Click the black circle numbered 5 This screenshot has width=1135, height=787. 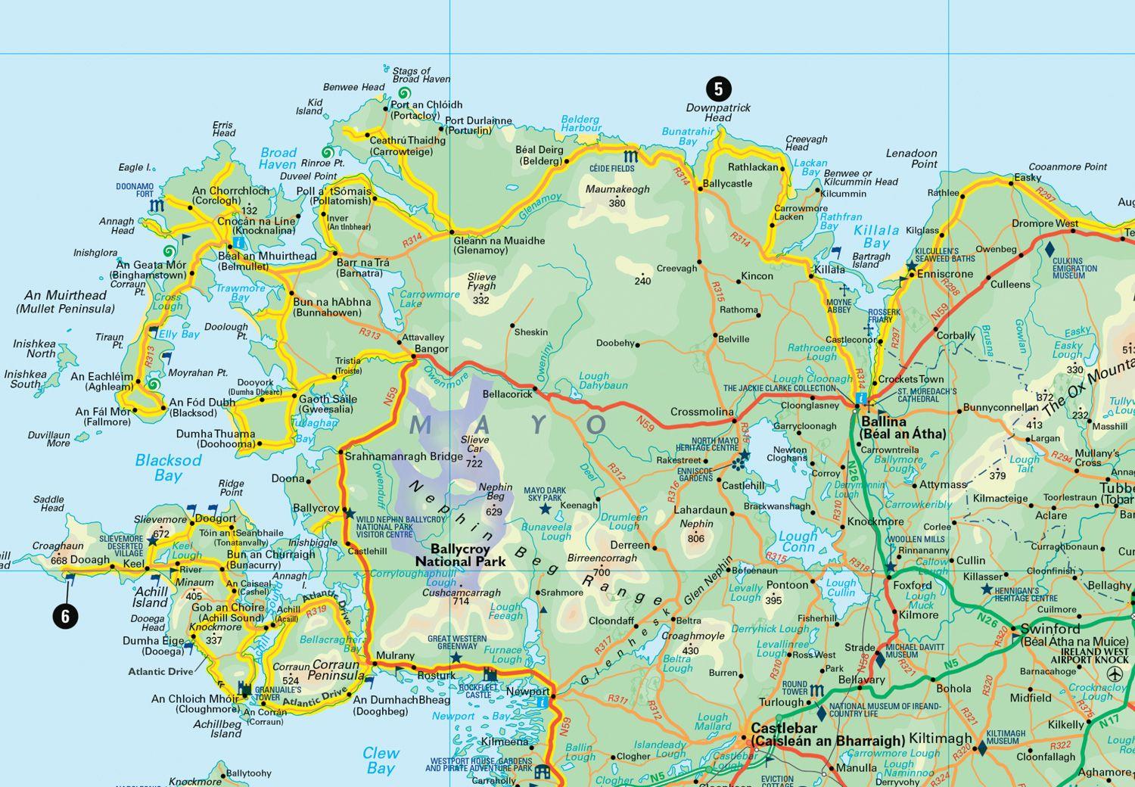click(x=718, y=89)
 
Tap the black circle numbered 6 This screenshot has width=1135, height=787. click(x=65, y=617)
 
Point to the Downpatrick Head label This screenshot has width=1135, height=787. click(x=718, y=113)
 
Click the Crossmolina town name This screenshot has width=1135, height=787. click(x=701, y=412)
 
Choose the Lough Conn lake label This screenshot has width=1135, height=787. click(x=798, y=542)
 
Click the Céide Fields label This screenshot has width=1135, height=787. click(x=611, y=168)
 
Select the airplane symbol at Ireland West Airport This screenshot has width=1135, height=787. click(x=1116, y=673)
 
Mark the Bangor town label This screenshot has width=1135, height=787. click(x=431, y=349)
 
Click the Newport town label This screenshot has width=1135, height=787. click(x=527, y=692)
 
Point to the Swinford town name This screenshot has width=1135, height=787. click(x=1050, y=629)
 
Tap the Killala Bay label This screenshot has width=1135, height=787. click(x=876, y=237)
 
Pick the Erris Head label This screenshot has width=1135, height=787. click(x=223, y=129)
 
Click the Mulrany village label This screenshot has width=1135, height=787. click(x=395, y=655)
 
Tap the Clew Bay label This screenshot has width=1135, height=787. click(x=380, y=760)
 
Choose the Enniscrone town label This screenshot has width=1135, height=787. click(x=944, y=274)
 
